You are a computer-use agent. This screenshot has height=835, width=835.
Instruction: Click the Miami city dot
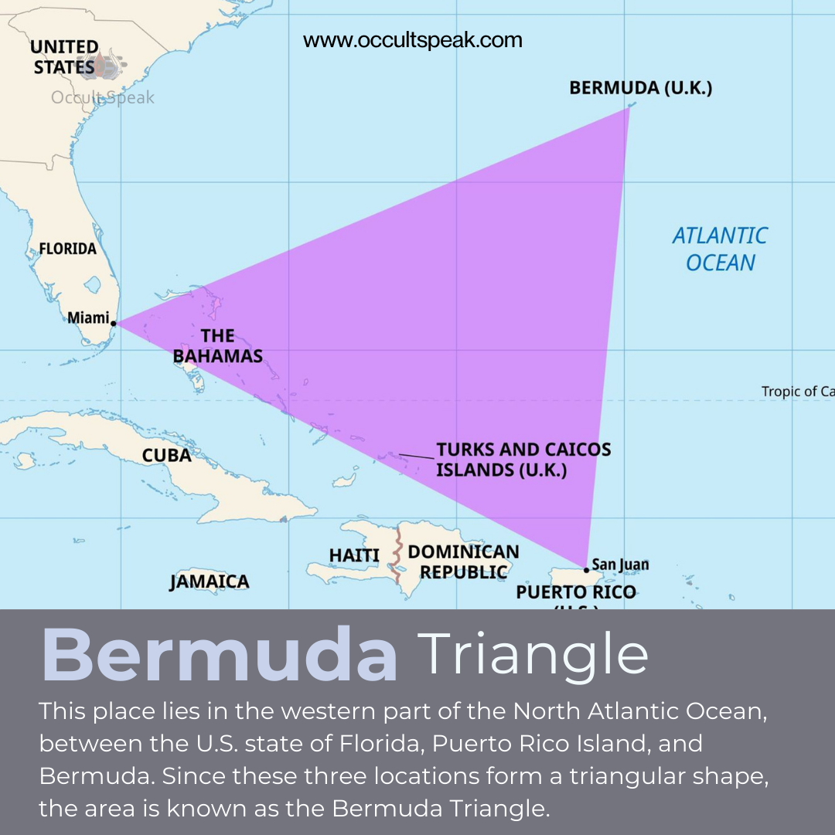pos(114,323)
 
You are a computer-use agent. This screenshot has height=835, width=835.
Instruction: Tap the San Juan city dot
pos(586,570)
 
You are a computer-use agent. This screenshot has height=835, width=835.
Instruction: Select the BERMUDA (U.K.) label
pos(640,87)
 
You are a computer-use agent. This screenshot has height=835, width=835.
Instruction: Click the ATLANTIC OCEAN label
pos(720,249)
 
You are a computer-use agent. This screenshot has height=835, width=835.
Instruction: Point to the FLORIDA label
pos(68,248)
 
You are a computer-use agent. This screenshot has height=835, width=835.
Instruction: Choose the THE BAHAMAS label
pos(218,346)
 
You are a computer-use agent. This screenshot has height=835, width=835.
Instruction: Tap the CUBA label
pos(166,455)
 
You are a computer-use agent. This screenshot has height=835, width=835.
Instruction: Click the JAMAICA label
pos(210,581)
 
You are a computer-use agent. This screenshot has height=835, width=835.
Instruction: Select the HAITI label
pos(354,555)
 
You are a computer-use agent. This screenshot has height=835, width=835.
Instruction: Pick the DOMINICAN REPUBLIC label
pos(463,562)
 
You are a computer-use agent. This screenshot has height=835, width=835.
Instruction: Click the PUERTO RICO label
pos(576,592)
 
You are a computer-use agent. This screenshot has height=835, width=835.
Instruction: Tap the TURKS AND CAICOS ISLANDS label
pos(523,459)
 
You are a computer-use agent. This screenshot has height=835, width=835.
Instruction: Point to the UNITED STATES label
pos(64,57)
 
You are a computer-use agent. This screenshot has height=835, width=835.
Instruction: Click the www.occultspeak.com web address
pos(413,40)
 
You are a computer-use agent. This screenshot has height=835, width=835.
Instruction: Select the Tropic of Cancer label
pos(797,391)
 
